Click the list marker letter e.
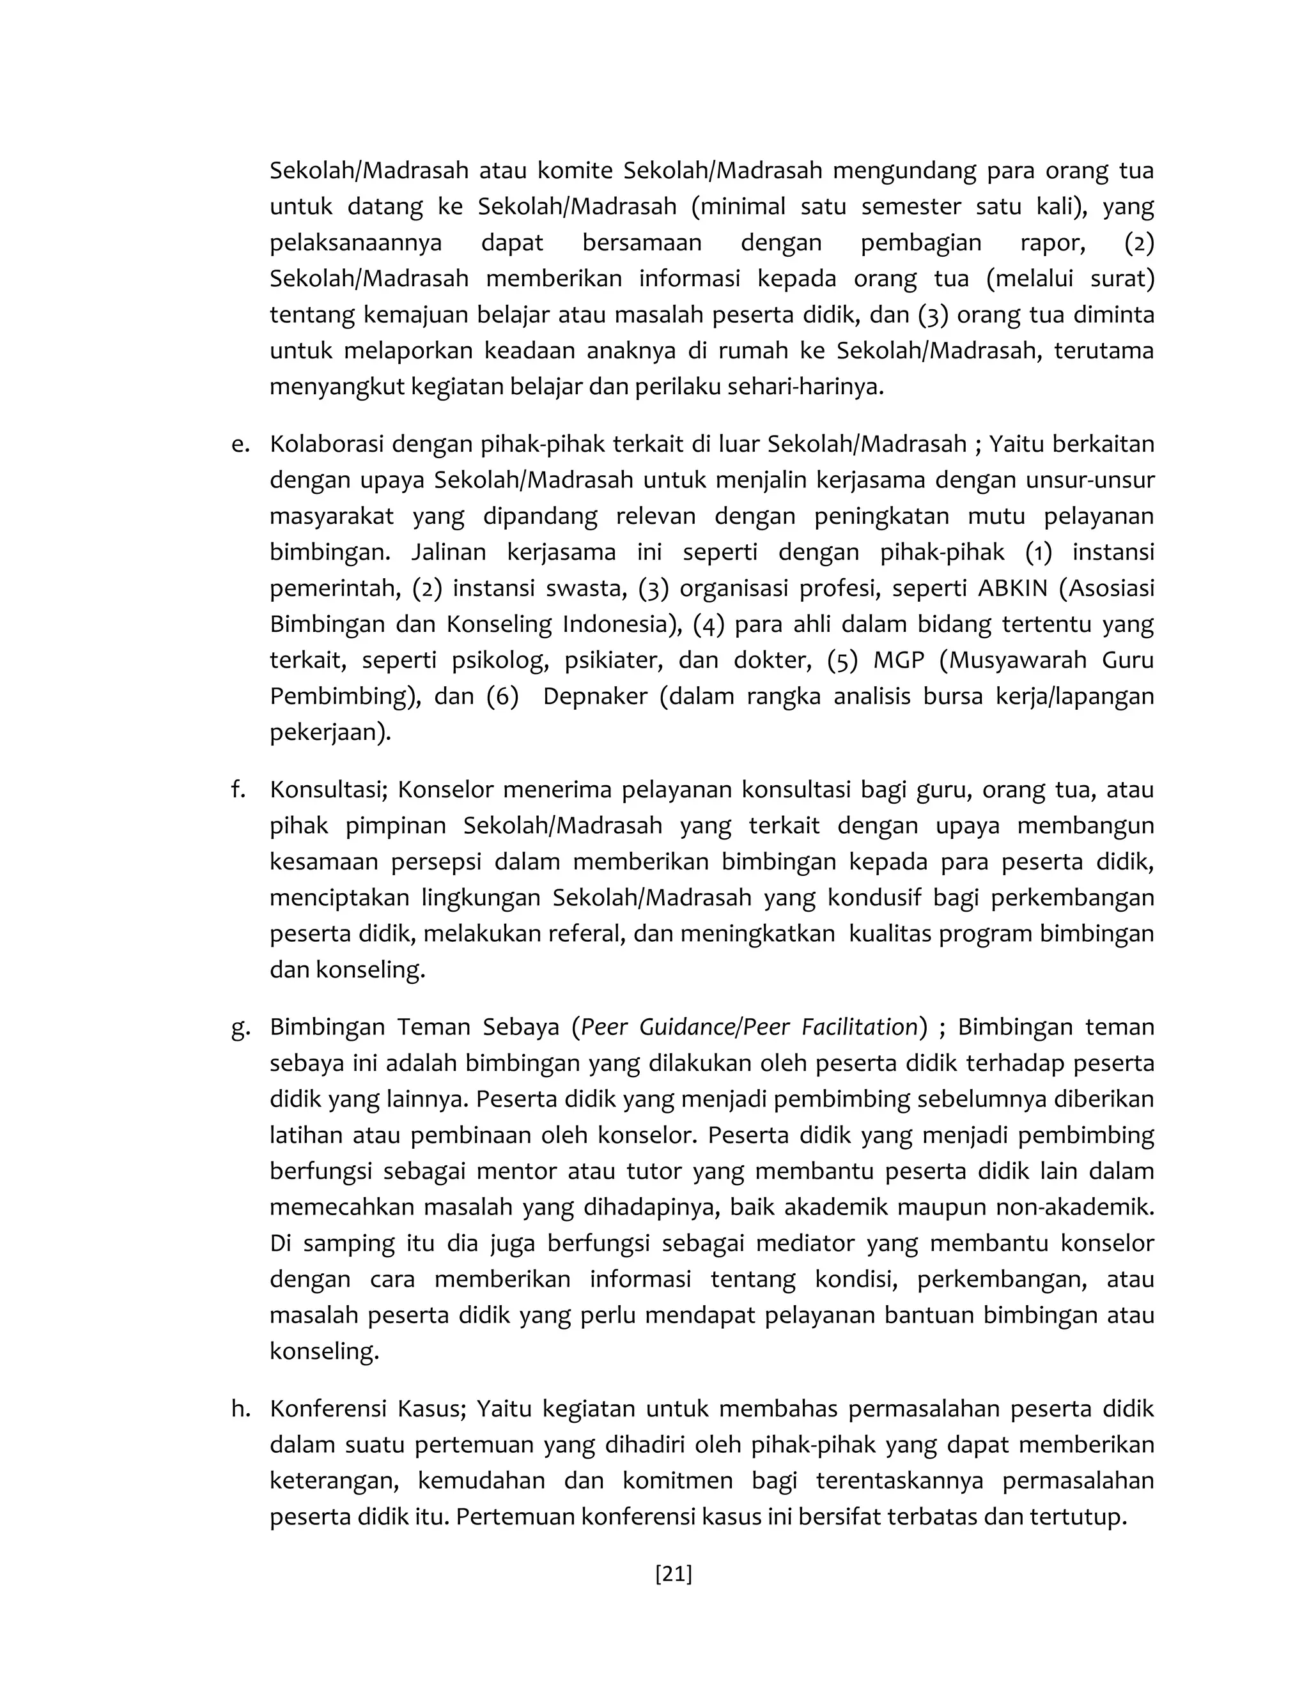[240, 445]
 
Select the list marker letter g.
[240, 1028]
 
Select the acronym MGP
[899, 661]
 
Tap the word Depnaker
[595, 696]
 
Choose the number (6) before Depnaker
[502, 696]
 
